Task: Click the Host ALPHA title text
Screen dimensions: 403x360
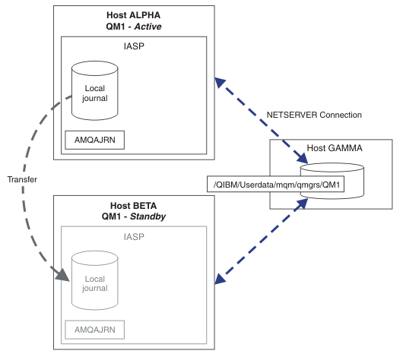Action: coord(133,15)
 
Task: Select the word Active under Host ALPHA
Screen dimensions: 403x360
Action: coord(148,27)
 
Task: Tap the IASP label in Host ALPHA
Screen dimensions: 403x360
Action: coord(134,46)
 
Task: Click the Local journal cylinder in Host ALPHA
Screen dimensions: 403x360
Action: coord(94,90)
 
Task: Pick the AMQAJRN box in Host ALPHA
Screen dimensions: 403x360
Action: coord(94,140)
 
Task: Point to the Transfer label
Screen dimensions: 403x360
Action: coord(22,179)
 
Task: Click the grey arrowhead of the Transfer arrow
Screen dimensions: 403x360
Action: coord(62,275)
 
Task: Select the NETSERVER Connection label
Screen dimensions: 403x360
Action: coord(314,115)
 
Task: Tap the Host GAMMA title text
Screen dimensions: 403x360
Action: coord(335,148)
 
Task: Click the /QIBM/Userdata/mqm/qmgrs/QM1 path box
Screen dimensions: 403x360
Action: coord(275,184)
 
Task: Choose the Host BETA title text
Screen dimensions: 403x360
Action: coord(133,206)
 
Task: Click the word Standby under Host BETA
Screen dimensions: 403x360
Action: coord(148,216)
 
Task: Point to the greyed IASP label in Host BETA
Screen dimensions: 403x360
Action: coord(134,237)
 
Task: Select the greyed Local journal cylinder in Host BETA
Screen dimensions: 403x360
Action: coord(94,280)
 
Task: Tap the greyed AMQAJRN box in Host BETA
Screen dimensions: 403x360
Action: coord(94,330)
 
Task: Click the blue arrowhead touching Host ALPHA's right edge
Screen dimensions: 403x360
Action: coord(220,83)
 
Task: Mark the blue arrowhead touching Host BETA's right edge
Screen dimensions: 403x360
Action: coord(220,279)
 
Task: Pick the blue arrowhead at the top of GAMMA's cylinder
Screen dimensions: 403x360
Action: coord(303,158)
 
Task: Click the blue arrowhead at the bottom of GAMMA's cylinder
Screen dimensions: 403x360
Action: coord(303,204)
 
